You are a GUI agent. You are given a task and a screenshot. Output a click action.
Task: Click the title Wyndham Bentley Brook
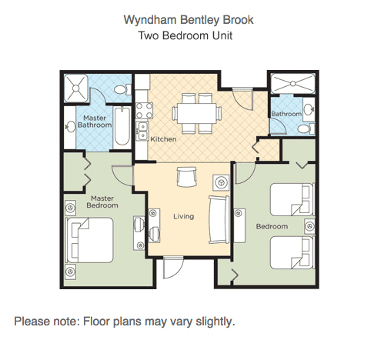coord(189,20)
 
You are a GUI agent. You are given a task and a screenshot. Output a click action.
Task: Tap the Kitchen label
coord(163,139)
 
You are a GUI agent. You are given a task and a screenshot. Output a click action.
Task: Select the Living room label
coord(184,216)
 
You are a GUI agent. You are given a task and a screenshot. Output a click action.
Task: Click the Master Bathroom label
coord(95,122)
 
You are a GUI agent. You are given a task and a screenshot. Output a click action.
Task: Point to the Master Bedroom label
coord(102,202)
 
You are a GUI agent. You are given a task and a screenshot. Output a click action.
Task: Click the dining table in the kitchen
coord(197,113)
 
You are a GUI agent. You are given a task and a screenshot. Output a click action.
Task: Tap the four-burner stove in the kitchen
coord(144,111)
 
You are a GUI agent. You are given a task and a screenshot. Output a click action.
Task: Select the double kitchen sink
coord(142,131)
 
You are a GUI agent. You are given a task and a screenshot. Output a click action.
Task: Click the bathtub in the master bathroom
coord(122,126)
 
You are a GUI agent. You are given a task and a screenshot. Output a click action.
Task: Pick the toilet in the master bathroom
coord(122,89)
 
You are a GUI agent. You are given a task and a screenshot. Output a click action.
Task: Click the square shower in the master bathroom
coord(76,88)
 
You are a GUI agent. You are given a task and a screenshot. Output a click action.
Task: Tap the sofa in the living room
coord(219,219)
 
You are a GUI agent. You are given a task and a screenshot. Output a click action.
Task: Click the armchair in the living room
coord(187,177)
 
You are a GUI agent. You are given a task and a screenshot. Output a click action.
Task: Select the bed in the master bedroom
coord(90,240)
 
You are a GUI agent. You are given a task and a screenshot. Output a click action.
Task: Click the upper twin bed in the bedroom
coord(292,199)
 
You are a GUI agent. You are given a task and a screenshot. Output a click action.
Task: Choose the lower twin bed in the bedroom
coord(292,253)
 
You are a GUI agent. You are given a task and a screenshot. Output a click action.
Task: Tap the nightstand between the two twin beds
coord(309,226)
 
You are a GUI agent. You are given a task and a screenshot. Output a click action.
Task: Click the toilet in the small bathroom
coord(306,128)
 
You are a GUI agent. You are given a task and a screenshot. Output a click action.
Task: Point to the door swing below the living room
coord(173,268)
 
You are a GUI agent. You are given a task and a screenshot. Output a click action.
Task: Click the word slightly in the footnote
coord(215,322)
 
